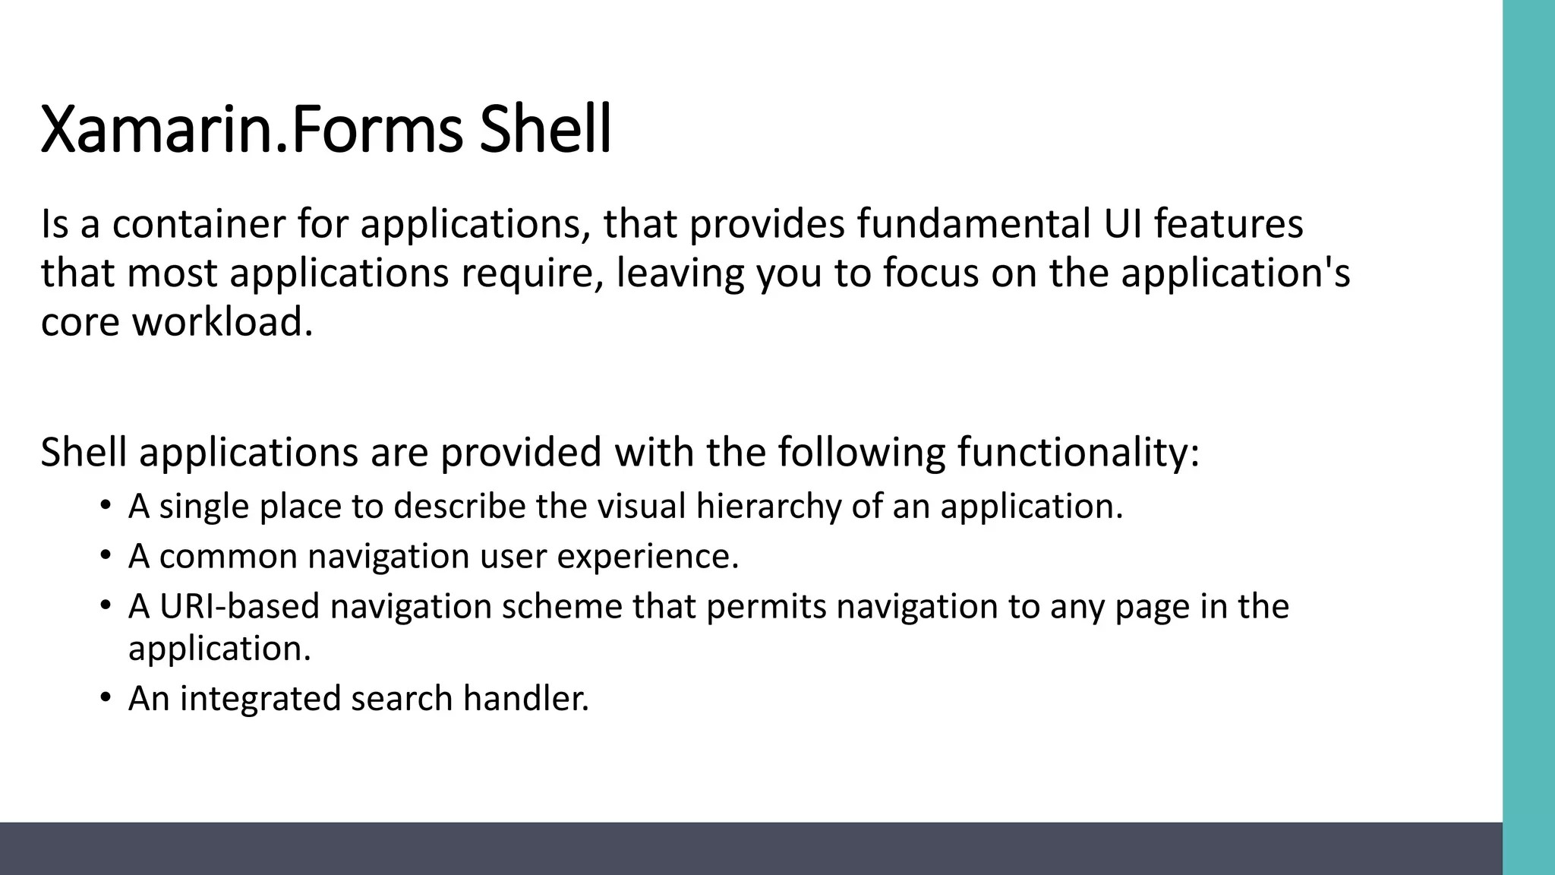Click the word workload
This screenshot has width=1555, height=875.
[x=222, y=322]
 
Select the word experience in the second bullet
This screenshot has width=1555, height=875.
[x=648, y=557]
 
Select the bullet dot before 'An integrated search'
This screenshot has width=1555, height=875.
[x=106, y=697]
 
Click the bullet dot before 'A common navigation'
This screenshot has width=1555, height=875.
[x=106, y=555]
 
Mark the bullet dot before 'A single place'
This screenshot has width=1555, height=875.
[x=106, y=505]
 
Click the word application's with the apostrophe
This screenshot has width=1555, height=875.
[x=1235, y=273]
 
